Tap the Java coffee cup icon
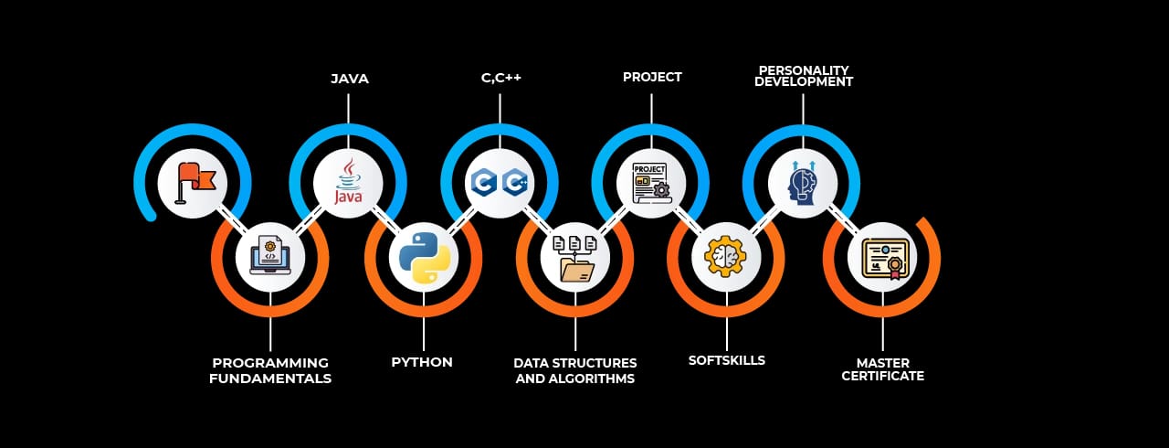tap(348, 181)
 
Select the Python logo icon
tap(424, 257)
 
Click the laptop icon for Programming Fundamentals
tap(270, 257)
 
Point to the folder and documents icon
tap(575, 258)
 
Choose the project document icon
tap(651, 181)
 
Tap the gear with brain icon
tap(726, 257)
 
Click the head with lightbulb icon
tap(803, 181)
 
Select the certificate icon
tap(882, 258)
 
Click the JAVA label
tap(350, 79)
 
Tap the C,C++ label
tap(501, 78)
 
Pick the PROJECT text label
tap(652, 77)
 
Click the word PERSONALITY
tap(805, 70)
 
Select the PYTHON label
tap(422, 362)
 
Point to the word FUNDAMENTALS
tap(270, 378)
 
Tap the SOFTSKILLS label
tap(727, 360)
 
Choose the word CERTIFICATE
tap(882, 376)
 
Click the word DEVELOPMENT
tap(804, 82)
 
